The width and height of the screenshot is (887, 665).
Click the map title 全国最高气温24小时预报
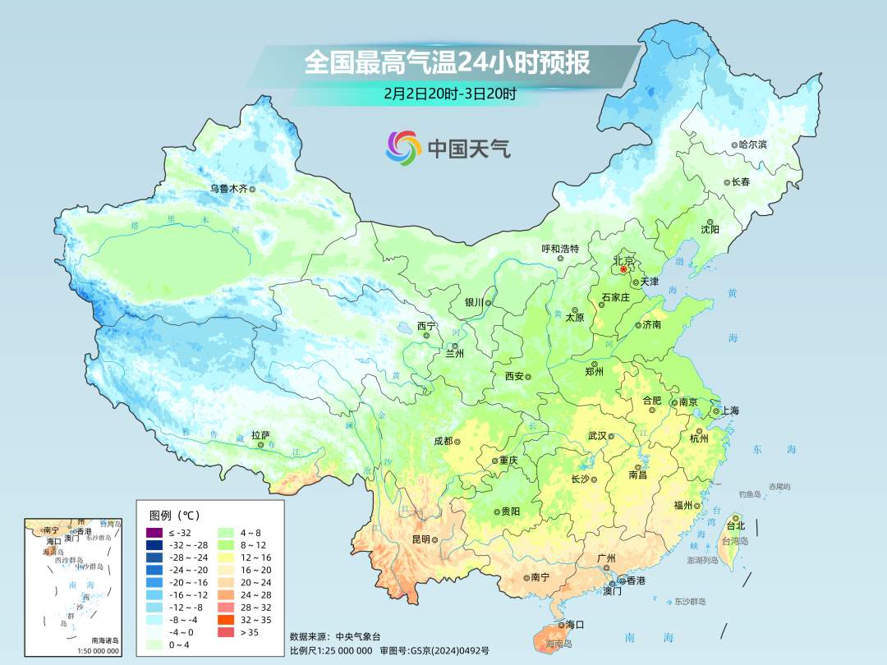[x=447, y=62]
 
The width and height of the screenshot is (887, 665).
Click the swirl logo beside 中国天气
[x=403, y=148]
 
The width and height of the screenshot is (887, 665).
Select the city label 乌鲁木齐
[x=227, y=188]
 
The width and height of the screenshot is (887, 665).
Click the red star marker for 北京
[x=623, y=268]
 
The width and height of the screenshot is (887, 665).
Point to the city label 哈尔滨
[x=752, y=144]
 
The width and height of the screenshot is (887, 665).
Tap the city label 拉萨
[x=260, y=435]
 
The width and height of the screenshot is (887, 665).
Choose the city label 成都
[x=443, y=441]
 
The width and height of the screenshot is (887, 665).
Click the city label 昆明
[x=421, y=539]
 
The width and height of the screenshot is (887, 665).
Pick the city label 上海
[x=730, y=410]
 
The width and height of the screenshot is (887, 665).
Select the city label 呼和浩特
[x=560, y=249]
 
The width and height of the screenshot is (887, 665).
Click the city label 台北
[x=736, y=525]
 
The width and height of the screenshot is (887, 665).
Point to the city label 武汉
[x=597, y=436]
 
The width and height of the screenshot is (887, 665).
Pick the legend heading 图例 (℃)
[x=174, y=516]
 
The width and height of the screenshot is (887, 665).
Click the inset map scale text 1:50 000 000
[x=99, y=651]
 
